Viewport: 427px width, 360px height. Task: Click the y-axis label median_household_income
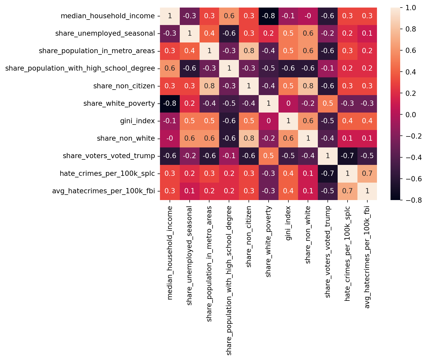[108, 16]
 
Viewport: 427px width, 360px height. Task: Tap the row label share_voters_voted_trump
[109, 156]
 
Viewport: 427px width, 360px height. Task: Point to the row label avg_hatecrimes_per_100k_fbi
[103, 191]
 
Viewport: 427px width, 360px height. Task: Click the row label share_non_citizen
[124, 86]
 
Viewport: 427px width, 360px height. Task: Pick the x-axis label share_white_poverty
[269, 241]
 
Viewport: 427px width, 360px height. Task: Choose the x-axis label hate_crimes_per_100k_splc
[347, 253]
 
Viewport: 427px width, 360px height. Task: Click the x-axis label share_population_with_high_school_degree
[229, 280]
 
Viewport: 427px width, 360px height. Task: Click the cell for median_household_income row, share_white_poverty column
[268, 16]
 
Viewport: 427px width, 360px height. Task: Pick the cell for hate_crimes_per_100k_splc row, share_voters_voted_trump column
[327, 173]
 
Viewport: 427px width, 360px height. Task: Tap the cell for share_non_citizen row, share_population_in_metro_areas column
[209, 86]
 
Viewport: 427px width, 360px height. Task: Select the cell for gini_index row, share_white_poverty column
[268, 121]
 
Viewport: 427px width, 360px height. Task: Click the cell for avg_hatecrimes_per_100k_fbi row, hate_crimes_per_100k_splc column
[347, 191]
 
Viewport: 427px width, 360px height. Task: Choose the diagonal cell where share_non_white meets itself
[308, 138]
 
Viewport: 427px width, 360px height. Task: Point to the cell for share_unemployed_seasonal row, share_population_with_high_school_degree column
[229, 34]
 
